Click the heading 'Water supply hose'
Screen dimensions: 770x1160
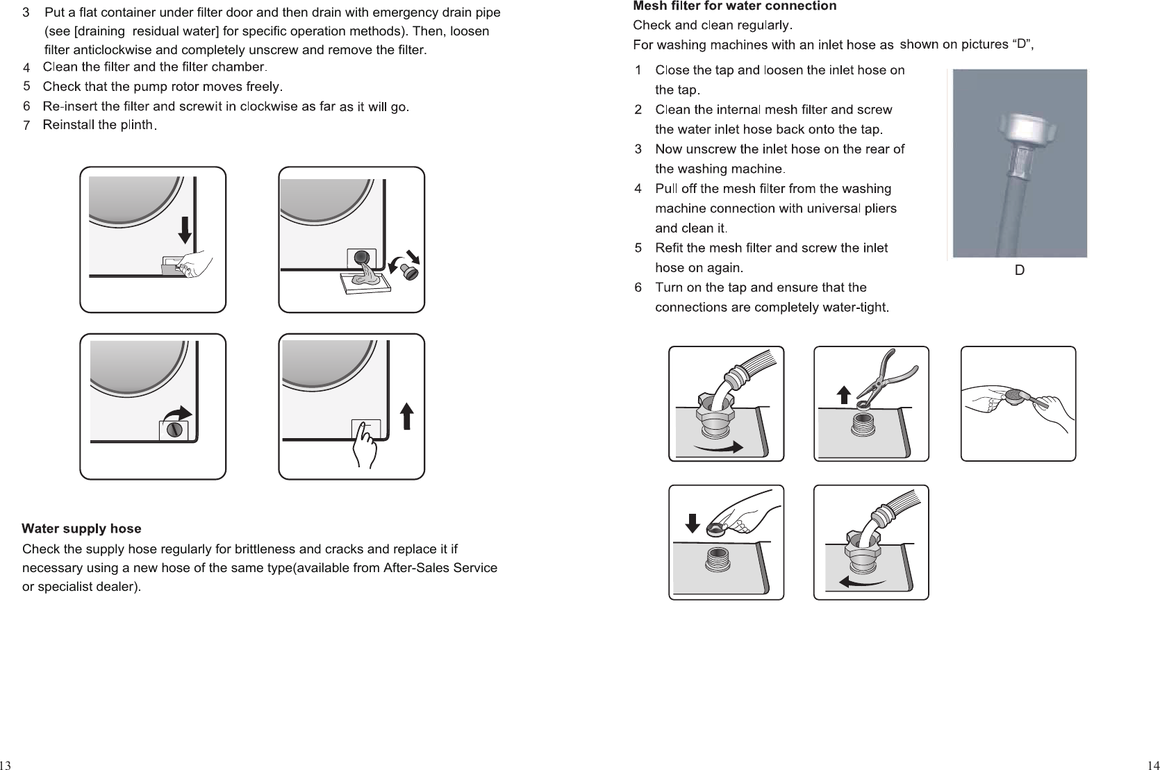81,529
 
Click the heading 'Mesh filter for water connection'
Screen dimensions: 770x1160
734,6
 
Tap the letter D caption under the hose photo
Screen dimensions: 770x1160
1019,271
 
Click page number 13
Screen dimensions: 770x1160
6,764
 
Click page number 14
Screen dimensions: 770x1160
1152,764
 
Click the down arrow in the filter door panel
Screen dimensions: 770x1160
185,230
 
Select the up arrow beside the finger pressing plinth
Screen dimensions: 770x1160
407,417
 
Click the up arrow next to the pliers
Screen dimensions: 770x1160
843,395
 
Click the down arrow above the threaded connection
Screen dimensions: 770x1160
692,523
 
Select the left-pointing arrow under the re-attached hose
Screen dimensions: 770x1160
861,581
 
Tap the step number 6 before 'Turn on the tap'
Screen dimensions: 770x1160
638,287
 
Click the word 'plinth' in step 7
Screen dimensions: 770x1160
136,125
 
